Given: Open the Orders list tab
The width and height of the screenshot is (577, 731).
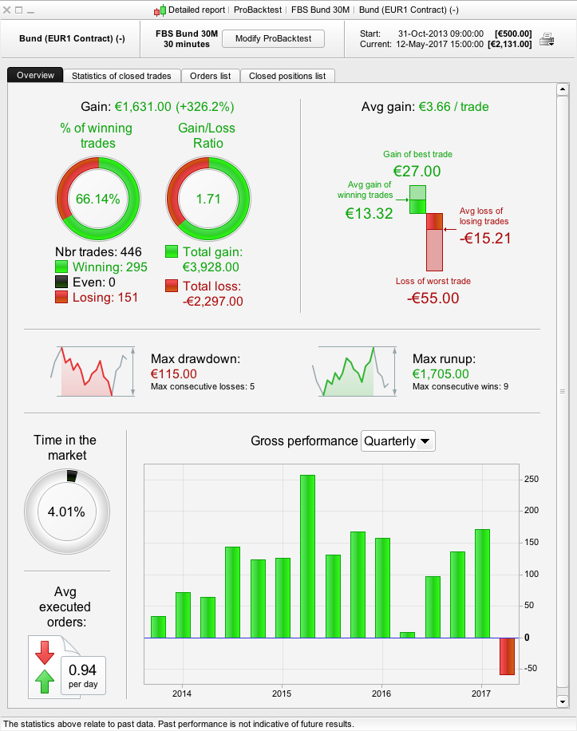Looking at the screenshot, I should tap(210, 76).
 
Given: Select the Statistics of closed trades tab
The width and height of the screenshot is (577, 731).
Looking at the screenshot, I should tap(121, 76).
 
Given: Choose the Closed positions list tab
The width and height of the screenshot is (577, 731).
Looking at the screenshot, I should tap(287, 76).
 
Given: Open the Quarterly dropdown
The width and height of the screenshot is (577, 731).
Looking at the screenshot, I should tap(398, 441).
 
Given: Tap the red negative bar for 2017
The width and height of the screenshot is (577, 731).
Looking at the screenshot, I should tap(507, 656).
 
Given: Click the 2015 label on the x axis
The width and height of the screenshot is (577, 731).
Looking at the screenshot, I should tap(282, 692).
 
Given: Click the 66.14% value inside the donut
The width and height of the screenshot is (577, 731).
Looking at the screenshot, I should tap(97, 199).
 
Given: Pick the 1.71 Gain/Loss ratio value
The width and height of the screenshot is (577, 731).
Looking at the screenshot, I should tap(207, 199).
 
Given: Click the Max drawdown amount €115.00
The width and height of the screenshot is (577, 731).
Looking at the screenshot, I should tap(174, 373).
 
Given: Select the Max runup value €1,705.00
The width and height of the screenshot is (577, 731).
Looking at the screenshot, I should tap(441, 373).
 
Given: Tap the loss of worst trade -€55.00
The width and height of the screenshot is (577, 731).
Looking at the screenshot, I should tap(433, 298).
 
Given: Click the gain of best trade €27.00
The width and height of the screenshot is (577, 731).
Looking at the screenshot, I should tap(417, 170).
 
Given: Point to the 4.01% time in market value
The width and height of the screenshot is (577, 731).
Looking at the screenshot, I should tap(67, 512).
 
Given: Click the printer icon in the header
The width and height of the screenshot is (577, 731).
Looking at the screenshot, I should tap(547, 39).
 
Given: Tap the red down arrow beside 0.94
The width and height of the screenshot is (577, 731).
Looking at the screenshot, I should tap(44, 652).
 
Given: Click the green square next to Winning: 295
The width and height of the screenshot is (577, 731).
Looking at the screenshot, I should tap(62, 267).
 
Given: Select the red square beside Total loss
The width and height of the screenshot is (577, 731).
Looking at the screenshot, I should tap(172, 286).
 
